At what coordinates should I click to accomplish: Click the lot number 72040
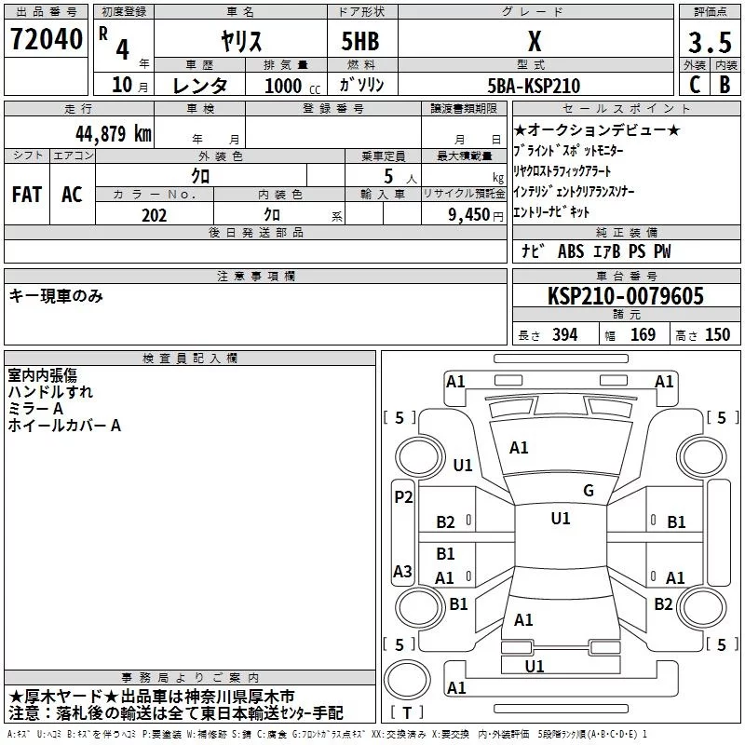pos(46,40)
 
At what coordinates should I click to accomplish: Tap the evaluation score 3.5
pos(708,41)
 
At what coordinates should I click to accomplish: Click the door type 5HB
pos(361,41)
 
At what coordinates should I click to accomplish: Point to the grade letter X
pos(534,41)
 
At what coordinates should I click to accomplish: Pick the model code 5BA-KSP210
pos(534,86)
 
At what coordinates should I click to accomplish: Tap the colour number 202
pos(155,215)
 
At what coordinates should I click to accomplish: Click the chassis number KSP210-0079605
pos(626,296)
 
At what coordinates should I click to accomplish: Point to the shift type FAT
pos(26,194)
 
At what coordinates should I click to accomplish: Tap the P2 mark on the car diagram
pos(403,497)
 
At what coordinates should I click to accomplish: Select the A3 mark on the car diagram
pos(402,571)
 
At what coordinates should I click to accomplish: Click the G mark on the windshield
pos(589,491)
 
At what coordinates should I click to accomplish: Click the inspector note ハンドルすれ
pos(50,392)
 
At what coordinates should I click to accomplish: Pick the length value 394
pos(564,335)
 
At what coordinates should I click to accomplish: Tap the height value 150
pos(718,335)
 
